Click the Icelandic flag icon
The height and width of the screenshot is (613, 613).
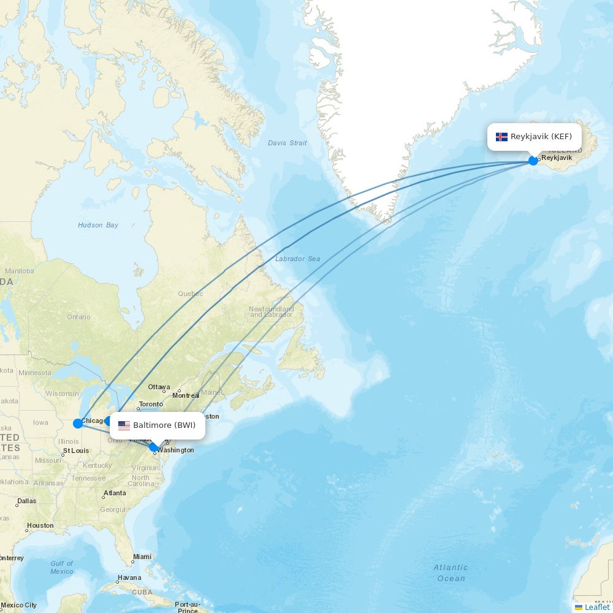click(501, 137)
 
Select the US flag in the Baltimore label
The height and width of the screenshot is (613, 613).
click(124, 425)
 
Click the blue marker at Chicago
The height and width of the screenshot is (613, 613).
click(78, 423)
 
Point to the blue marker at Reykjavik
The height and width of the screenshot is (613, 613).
click(533, 161)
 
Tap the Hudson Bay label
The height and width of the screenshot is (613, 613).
click(98, 226)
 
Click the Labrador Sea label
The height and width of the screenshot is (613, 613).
click(297, 259)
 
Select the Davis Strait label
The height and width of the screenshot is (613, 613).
click(287, 143)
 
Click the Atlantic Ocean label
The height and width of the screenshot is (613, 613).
click(451, 573)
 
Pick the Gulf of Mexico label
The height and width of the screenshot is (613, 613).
click(61, 567)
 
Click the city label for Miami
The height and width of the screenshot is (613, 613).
click(142, 557)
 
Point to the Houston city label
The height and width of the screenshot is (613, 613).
click(40, 525)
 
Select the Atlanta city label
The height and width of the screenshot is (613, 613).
click(115, 493)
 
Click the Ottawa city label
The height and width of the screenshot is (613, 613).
click(159, 387)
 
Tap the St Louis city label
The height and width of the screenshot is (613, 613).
click(76, 451)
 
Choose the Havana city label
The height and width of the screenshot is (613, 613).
click(129, 577)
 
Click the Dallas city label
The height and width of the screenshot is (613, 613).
click(27, 501)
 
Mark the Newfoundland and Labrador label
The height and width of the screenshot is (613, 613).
click(271, 311)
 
